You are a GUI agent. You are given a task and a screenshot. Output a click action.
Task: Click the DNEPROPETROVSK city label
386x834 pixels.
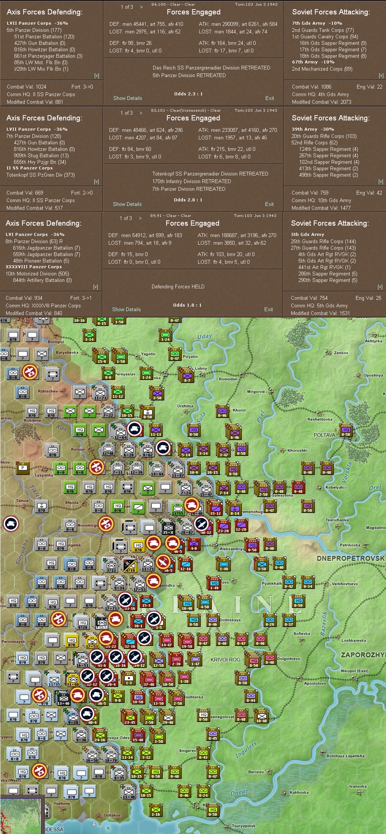point(351,558)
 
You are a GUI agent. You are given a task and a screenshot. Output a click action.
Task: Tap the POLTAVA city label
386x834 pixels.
point(324,435)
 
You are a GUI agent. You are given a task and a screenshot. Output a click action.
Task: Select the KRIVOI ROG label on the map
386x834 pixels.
point(225,660)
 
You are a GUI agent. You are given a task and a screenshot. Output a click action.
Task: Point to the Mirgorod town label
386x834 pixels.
point(256,391)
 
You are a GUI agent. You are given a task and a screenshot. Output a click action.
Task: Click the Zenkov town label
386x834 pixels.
point(341,353)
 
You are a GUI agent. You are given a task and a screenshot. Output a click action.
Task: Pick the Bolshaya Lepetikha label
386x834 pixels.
point(345,756)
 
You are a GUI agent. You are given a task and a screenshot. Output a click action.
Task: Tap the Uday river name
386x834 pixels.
point(205,336)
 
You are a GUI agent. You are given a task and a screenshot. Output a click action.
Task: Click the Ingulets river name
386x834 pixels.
point(246,750)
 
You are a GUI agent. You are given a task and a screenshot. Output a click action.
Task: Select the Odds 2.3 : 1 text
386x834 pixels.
point(188,94)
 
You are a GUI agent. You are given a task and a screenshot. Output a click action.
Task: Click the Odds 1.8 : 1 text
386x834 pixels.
point(187,305)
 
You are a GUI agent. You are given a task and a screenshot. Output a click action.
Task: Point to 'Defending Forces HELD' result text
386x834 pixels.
point(178,286)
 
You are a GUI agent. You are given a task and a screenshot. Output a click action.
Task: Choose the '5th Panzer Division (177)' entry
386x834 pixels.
point(34,30)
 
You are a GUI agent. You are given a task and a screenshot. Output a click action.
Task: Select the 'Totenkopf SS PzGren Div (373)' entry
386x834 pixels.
point(40,175)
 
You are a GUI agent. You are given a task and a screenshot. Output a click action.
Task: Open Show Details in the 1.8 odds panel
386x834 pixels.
point(126,309)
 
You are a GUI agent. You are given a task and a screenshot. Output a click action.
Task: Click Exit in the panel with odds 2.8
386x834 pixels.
point(269,204)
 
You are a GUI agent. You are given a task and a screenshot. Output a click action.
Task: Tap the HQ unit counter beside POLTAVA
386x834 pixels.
point(346,431)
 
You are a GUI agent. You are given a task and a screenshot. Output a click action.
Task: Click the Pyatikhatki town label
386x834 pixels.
point(272,583)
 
